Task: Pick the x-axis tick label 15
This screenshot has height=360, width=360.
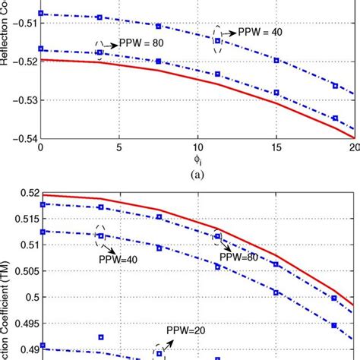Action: pyautogui.click(x=276, y=147)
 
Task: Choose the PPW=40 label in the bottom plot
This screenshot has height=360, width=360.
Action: pyautogui.click(x=118, y=258)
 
